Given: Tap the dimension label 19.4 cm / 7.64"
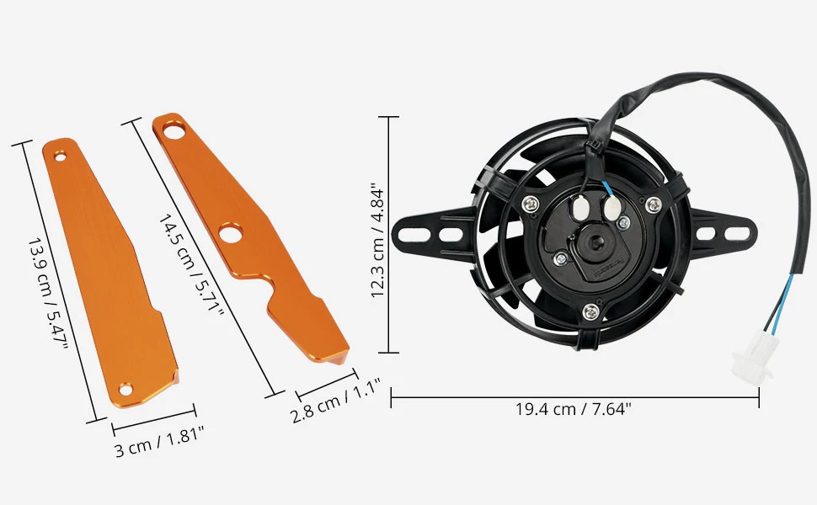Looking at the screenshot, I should pyautogui.click(x=574, y=410).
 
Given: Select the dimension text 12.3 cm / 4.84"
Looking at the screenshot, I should pyautogui.click(x=378, y=242).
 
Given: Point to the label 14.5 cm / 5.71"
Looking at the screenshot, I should pyautogui.click(x=192, y=263).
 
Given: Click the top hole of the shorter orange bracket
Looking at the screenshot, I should pyautogui.click(x=59, y=155).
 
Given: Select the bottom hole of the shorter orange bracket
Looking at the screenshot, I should pyautogui.click(x=125, y=388).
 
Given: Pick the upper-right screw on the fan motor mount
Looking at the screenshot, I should pyautogui.click(x=653, y=204).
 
